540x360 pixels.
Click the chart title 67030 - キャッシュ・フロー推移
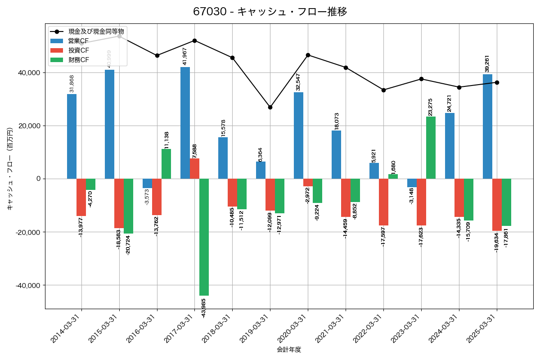click(x=270, y=12)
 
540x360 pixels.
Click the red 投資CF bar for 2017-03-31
click(x=194, y=169)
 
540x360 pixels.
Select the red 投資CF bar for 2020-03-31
click(x=308, y=183)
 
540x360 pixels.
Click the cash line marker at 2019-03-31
click(x=270, y=107)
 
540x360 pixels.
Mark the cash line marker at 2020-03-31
click(x=308, y=55)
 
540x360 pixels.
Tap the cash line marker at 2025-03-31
click(x=497, y=82)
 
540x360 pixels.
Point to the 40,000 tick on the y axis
click(x=28, y=73)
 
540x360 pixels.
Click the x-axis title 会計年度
click(x=288, y=350)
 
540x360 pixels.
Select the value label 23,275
click(x=430, y=107)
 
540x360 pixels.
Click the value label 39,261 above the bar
click(x=487, y=63)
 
